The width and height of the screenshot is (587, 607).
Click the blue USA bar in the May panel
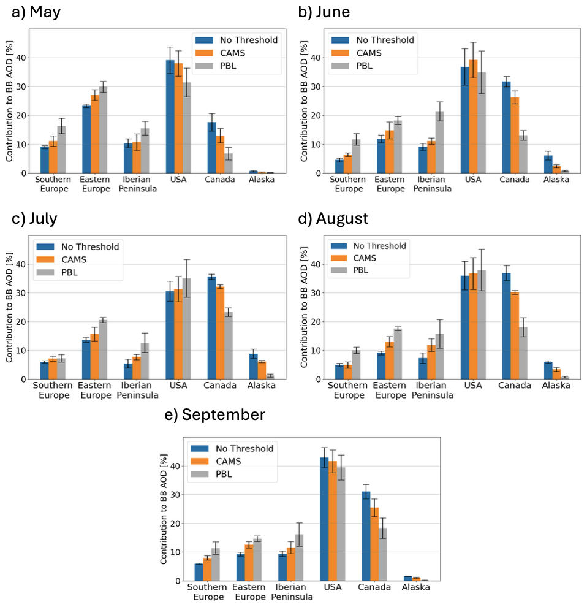click(x=170, y=116)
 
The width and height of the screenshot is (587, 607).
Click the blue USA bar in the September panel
click(x=324, y=519)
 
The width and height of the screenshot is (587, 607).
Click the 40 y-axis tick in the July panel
click(x=23, y=264)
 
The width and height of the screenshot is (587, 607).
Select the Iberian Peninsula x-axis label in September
click(x=291, y=592)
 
